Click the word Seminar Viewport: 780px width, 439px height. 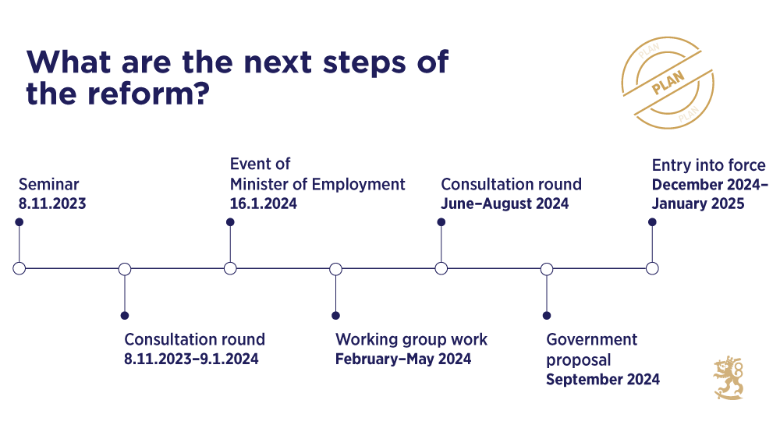[49, 185]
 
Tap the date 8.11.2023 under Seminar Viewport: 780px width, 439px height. [52, 204]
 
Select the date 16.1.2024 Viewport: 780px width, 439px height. [264, 204]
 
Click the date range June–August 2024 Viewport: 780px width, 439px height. [505, 204]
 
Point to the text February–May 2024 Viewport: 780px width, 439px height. [403, 359]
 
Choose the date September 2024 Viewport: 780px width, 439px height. [603, 380]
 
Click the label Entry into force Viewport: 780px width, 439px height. [708, 165]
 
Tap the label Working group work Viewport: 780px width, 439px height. [411, 340]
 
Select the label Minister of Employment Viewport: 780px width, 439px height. [317, 185]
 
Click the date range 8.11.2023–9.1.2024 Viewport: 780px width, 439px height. [191, 359]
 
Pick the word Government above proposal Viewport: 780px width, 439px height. [591, 340]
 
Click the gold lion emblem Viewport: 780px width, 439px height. [729, 378]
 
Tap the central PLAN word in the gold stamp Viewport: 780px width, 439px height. [667, 83]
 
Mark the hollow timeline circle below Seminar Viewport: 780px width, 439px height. [19, 268]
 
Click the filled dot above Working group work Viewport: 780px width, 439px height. [335, 316]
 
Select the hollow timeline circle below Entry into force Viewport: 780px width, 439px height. [652, 268]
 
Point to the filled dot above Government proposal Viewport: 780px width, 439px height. [547, 316]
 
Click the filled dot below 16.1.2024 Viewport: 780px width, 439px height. [230, 221]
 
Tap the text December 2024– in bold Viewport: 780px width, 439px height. [710, 185]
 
